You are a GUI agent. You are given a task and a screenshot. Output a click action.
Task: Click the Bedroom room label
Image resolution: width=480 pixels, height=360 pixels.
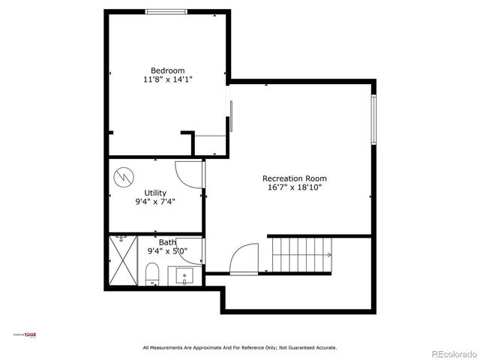click(x=167, y=70)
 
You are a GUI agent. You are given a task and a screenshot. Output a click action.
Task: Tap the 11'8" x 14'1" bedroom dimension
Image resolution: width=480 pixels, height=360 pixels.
click(x=167, y=79)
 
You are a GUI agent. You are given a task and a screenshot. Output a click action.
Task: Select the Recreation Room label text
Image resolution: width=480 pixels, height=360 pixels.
click(x=294, y=178)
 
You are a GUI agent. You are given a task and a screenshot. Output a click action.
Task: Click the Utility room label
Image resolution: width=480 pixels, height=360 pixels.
click(x=155, y=193)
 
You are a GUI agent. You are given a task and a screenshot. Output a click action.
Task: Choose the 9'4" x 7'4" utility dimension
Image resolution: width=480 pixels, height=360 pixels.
click(x=155, y=201)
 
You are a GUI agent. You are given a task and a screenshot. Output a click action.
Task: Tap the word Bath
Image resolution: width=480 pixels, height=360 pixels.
click(x=166, y=242)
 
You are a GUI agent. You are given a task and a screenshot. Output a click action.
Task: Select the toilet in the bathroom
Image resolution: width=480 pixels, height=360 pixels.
click(x=152, y=274)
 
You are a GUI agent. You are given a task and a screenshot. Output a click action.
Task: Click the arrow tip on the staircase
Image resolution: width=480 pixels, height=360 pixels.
click(x=329, y=255)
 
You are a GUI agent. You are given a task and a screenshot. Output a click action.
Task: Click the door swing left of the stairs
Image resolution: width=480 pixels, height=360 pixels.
click(x=244, y=260)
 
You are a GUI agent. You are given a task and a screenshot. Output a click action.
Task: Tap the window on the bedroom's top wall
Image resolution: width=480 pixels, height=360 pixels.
click(x=166, y=11)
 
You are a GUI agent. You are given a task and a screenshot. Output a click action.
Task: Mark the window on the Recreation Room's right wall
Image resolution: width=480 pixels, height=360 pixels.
click(x=373, y=120)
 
